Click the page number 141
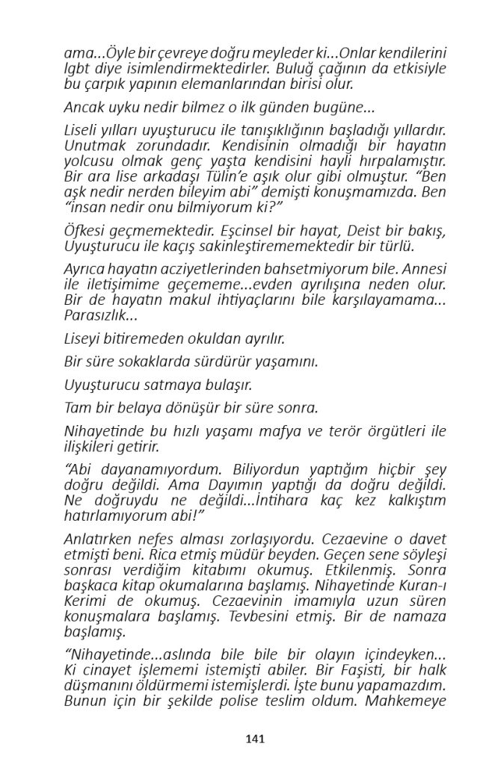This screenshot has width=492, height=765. click(255, 739)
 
